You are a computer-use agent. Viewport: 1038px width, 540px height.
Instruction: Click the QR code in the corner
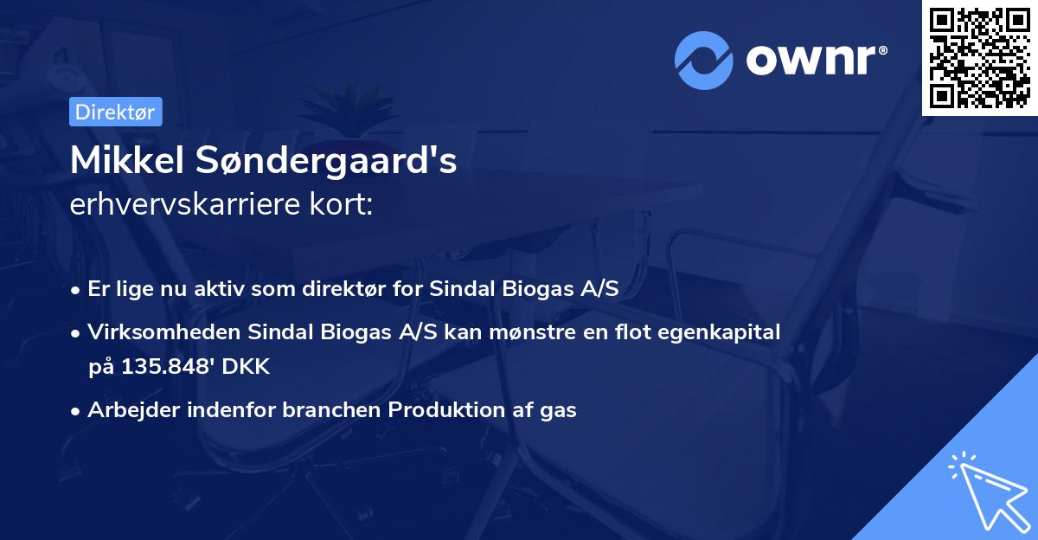pos(979,58)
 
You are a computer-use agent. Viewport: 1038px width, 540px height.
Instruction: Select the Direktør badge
pos(116,112)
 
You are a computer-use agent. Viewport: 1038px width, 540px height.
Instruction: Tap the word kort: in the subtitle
pos(344,206)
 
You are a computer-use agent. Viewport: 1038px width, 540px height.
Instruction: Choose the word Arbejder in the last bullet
pos(129,410)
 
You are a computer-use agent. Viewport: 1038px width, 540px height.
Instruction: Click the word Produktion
pos(440,410)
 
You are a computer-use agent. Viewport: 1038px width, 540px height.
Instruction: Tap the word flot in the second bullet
pos(639,331)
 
